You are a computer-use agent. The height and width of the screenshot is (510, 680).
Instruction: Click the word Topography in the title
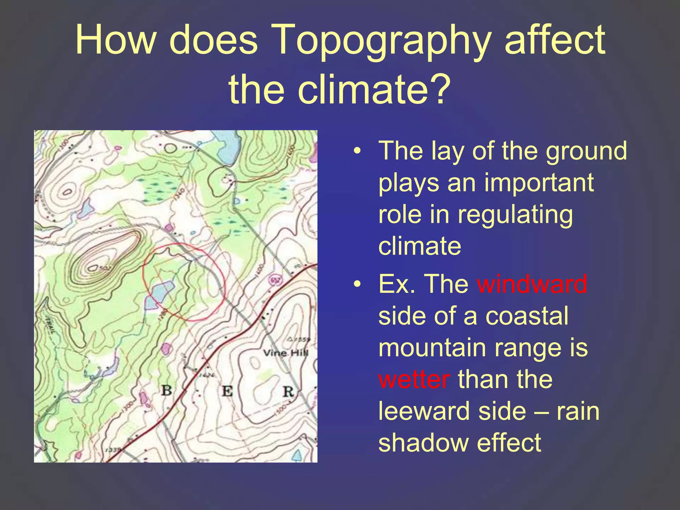(382, 40)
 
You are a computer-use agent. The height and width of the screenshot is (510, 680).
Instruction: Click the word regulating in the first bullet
(515, 214)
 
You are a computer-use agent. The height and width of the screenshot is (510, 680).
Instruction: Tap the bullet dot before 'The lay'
(357, 151)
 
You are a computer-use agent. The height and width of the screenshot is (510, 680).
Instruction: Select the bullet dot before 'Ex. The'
(357, 285)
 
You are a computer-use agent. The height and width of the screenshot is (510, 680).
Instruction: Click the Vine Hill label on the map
(286, 353)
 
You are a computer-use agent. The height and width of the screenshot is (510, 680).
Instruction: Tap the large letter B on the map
(166, 390)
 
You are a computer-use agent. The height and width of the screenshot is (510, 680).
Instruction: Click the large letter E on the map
(227, 391)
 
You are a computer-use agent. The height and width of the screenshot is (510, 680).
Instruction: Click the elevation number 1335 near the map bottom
(113, 450)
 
